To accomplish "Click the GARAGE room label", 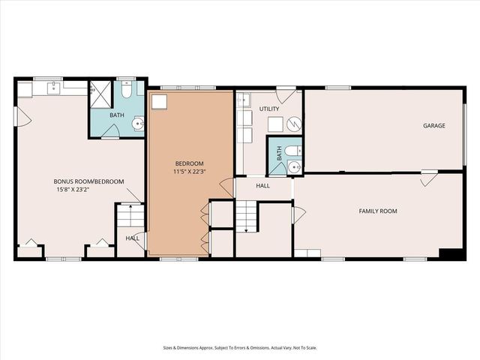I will click(434, 126).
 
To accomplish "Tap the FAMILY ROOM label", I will click(377, 211).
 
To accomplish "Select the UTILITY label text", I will click(269, 109).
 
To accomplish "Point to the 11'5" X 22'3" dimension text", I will click(189, 172).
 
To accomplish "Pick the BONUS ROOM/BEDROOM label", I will click(82, 181).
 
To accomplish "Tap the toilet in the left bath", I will click(127, 91).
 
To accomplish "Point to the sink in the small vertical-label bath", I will click(295, 167).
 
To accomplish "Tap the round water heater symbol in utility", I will click(294, 124).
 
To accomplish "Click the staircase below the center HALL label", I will click(247, 217).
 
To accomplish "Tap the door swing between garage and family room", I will click(428, 178).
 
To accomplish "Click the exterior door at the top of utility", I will click(286, 95).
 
